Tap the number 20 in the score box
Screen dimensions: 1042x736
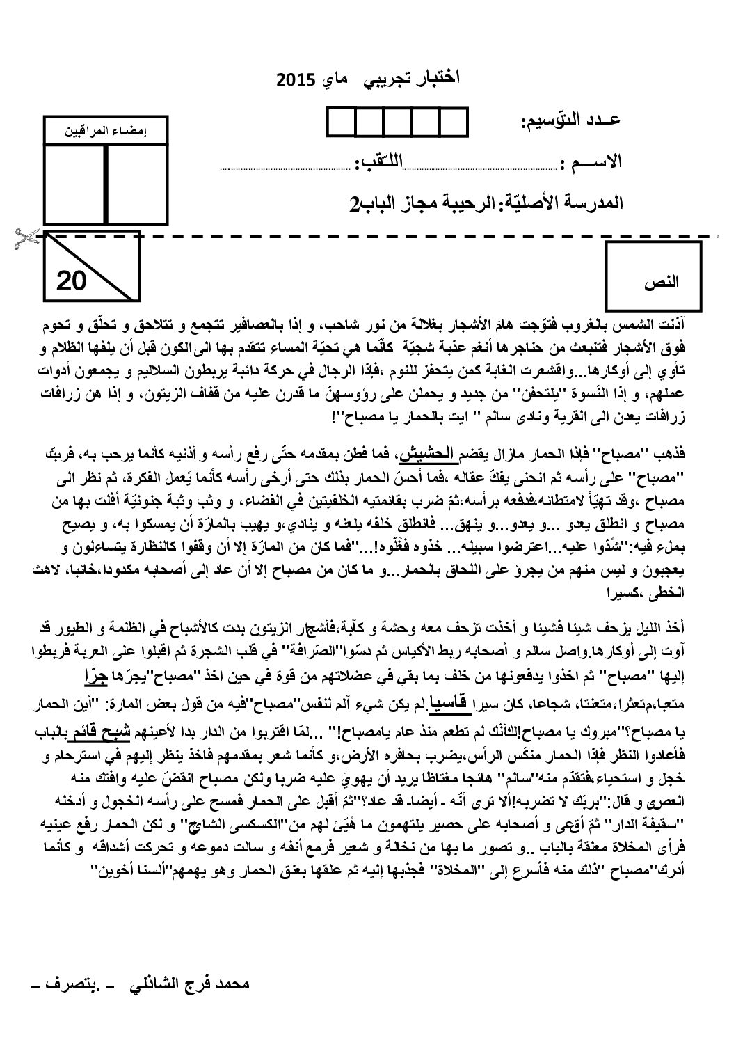pyautogui.click(x=71, y=282)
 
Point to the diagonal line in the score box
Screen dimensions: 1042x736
pyautogui.click(x=93, y=268)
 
